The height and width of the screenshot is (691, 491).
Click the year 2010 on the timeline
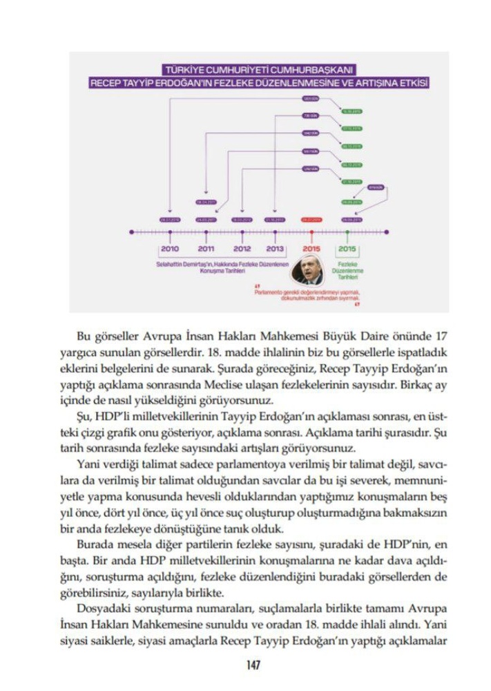(x=170, y=249)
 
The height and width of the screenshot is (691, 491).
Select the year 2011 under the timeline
(x=206, y=249)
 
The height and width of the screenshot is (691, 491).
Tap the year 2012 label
(x=242, y=249)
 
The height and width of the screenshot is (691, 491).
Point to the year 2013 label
(x=275, y=249)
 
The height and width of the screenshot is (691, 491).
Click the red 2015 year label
(x=312, y=249)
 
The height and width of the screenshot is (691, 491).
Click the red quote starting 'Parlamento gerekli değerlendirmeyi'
(x=309, y=295)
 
